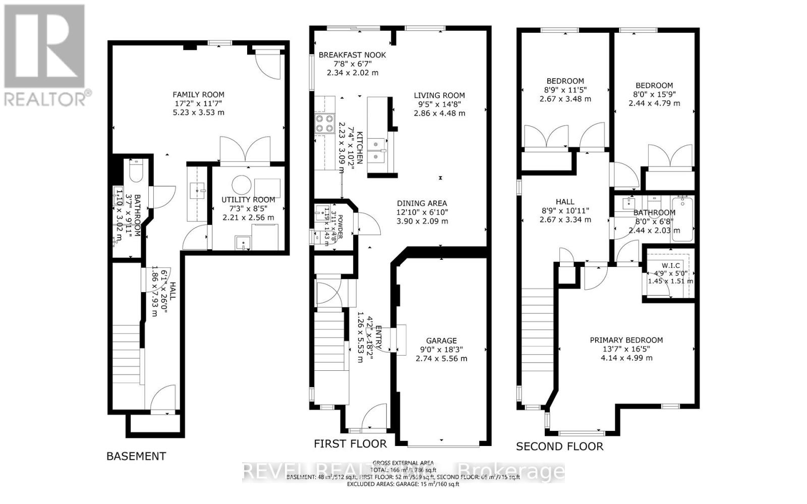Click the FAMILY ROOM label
click(198, 94)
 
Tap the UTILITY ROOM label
click(248, 200)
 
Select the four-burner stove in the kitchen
click(325, 123)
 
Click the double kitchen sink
click(377, 151)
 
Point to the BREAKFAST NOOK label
click(352, 55)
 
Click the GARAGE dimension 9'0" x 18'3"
click(441, 350)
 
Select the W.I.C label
click(671, 266)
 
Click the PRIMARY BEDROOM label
click(626, 340)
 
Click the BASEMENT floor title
click(136, 456)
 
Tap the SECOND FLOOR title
click(559, 446)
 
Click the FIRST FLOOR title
click(350, 444)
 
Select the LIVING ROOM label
click(439, 95)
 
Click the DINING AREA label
click(422, 203)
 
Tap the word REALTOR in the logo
click(45, 98)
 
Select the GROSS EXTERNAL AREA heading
click(402, 463)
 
